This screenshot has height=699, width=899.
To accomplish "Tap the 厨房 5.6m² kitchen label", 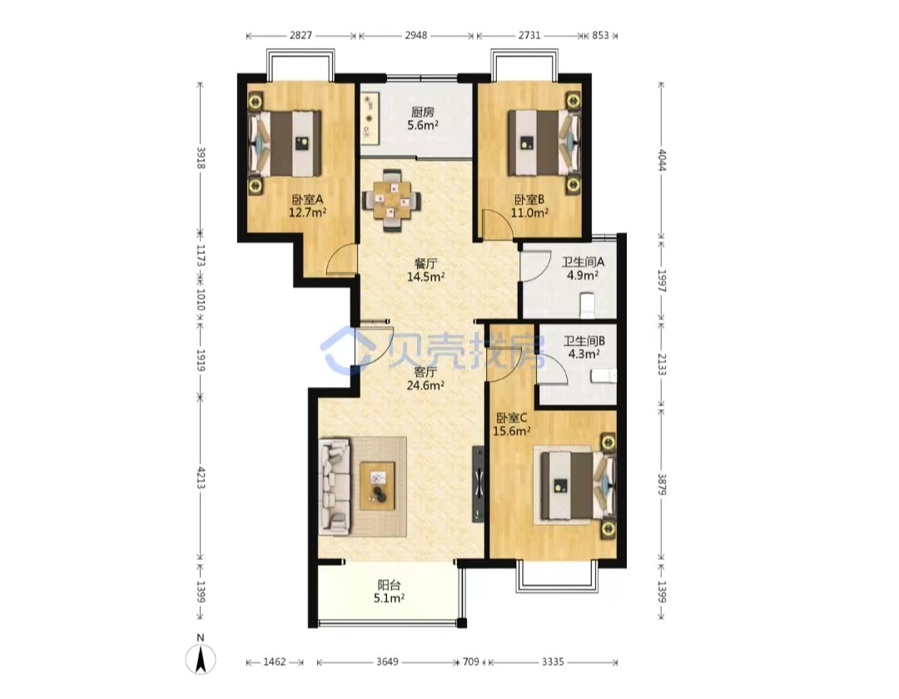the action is click(423, 119).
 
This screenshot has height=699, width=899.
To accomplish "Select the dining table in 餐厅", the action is click(392, 201).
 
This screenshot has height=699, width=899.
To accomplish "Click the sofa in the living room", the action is click(334, 487).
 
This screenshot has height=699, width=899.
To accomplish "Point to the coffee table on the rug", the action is click(377, 486).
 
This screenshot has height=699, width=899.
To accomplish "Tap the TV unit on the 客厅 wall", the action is click(478, 484).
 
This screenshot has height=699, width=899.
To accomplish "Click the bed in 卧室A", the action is click(285, 143).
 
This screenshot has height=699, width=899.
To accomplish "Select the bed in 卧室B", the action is click(544, 142).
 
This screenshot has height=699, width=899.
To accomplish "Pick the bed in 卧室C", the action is click(575, 485).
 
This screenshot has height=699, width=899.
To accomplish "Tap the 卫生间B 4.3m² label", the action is click(584, 347).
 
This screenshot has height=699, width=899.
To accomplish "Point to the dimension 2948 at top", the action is click(416, 35).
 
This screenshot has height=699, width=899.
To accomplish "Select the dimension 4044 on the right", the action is click(662, 160).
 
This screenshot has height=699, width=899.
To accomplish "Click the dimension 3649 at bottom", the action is click(387, 662).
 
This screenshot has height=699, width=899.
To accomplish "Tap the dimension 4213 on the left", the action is click(201, 478).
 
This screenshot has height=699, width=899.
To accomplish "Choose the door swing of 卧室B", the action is click(496, 224).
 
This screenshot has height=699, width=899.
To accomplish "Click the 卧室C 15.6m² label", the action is click(511, 424).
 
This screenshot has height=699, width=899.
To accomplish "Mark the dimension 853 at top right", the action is click(600, 35).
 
